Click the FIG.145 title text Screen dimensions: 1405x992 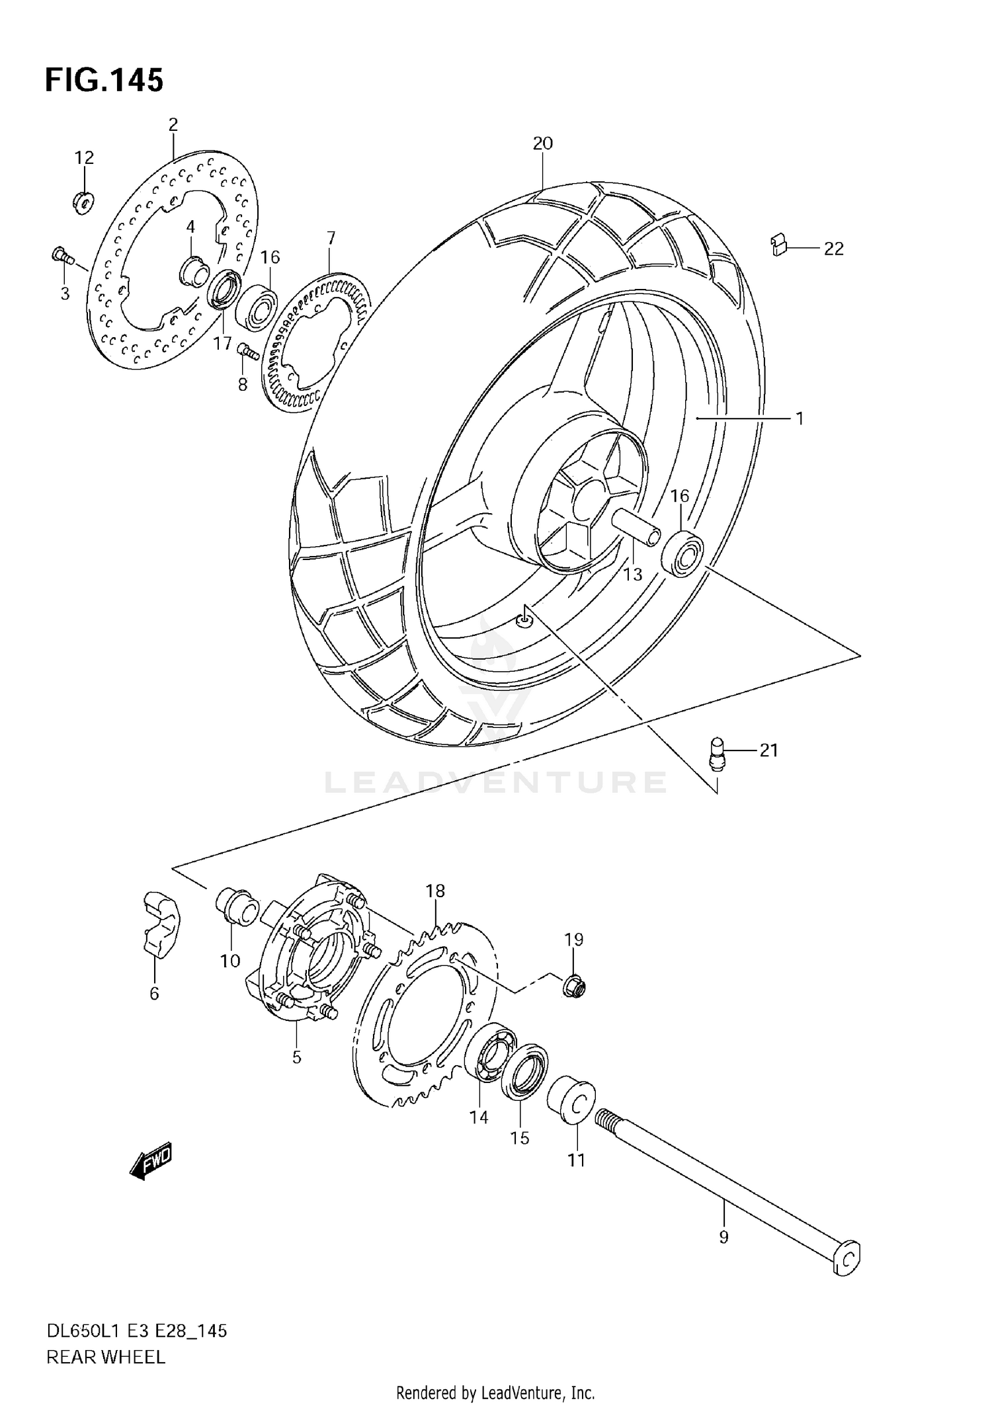coord(104,81)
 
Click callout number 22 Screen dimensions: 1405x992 coord(833,249)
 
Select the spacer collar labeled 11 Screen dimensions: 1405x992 coord(572,1101)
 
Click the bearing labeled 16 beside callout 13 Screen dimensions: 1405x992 coord(682,553)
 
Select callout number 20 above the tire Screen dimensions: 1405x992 coord(542,143)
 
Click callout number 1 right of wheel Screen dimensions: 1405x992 coord(799,418)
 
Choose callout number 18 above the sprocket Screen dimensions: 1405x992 coord(435,891)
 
